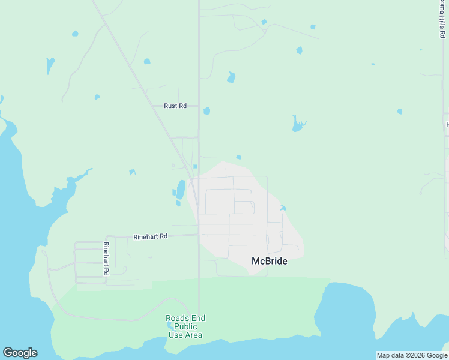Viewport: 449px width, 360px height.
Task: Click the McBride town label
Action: [268, 261]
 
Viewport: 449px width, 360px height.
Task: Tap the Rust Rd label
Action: [175, 106]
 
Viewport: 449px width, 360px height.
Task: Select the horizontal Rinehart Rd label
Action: [150, 236]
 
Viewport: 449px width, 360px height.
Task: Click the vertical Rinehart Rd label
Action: [106, 259]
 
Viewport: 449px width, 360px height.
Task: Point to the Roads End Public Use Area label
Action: [185, 327]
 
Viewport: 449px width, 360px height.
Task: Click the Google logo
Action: [20, 353]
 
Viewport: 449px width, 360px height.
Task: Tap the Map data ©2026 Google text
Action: [412, 355]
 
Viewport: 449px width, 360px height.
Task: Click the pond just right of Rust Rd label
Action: [206, 110]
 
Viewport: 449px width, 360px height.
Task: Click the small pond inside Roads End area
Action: [170, 325]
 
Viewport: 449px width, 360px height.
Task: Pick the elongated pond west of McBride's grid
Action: [181, 189]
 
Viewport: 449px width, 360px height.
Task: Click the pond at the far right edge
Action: [400, 111]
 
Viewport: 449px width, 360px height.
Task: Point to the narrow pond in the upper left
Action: [50, 64]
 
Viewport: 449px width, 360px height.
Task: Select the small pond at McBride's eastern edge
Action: [282, 208]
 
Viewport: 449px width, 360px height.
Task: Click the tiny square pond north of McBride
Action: [239, 157]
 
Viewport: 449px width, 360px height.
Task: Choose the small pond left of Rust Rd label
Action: [97, 97]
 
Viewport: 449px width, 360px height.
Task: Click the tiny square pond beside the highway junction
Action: [195, 167]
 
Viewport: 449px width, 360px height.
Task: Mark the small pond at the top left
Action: [74, 33]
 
